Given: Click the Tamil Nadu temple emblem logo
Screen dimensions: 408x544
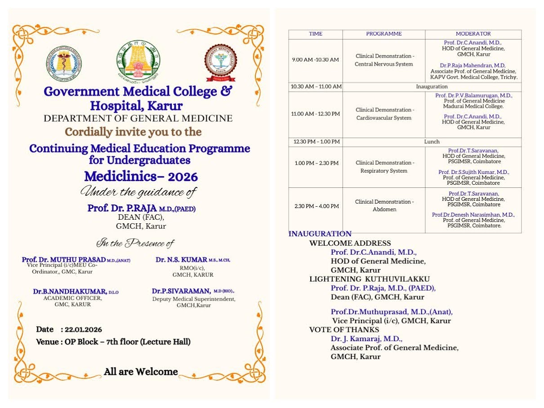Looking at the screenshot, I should point(138,60).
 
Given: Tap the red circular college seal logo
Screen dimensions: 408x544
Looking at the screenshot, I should point(221,63).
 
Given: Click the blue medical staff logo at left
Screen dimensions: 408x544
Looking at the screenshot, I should point(64,64).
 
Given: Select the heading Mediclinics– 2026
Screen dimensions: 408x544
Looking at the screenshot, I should point(141,176).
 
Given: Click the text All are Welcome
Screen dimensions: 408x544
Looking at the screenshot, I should point(141,372).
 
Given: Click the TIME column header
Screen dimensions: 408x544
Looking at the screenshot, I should point(316,34).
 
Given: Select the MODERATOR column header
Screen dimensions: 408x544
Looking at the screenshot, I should point(473,34).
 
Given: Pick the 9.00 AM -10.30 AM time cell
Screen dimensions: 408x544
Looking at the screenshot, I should point(316,60).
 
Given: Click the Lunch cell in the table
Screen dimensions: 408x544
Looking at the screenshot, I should point(432,142).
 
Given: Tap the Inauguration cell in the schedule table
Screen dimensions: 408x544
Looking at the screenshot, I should point(432,86).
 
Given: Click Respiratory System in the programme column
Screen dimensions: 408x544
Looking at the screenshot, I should point(384,171).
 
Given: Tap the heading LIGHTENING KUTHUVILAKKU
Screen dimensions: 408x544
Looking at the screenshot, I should point(369,279).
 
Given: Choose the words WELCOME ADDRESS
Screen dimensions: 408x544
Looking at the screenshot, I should point(350,243).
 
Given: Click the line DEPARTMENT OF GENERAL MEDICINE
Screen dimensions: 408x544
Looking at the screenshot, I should point(138,119).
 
